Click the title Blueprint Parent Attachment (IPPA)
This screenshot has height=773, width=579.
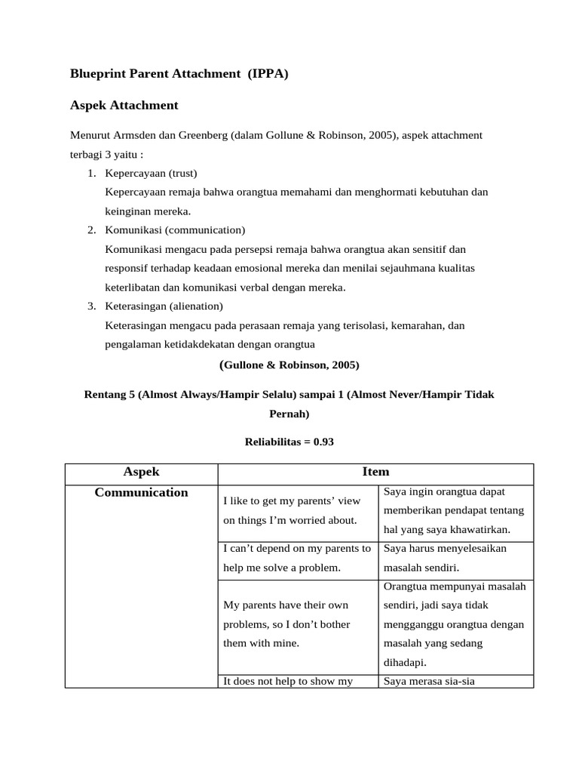179,74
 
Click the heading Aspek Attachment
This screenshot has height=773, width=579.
124,105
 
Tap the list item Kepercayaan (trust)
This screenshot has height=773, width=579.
152,173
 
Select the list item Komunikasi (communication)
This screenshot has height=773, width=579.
175,229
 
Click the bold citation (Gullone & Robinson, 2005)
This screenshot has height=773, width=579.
289,365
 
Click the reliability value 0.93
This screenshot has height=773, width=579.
323,442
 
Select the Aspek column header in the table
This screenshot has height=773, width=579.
141,473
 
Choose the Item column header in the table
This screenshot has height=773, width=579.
375,473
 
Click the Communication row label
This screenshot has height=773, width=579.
141,493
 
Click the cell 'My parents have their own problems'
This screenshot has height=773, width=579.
286,624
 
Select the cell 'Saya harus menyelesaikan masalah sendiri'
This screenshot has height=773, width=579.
445,557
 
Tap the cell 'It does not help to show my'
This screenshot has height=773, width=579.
289,681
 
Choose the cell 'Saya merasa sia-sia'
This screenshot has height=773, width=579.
429,681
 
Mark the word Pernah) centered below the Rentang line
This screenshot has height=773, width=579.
289,414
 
